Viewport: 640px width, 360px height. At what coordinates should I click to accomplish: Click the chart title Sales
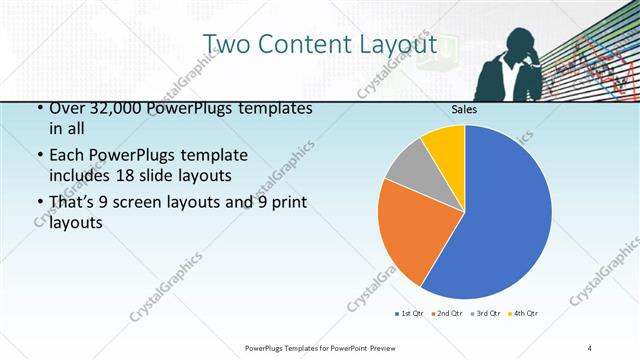click(463, 109)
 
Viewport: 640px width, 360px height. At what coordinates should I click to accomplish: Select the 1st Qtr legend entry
click(412, 314)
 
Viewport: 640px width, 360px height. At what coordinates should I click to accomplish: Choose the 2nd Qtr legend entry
click(446, 314)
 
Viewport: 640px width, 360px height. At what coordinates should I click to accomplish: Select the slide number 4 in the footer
click(590, 347)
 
